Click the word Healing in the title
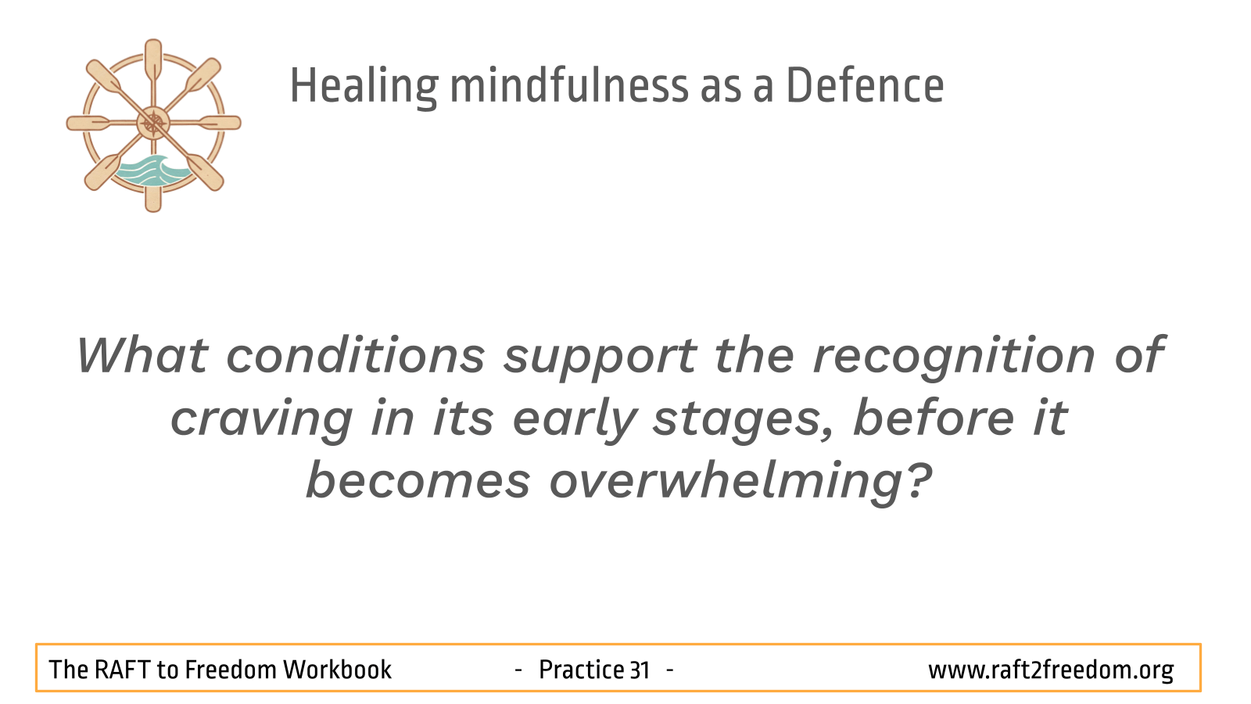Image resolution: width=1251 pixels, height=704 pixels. [364, 86]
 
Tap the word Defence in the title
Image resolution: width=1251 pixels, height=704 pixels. [865, 85]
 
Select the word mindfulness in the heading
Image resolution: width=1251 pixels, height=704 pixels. [568, 85]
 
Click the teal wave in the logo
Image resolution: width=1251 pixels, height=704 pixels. [149, 171]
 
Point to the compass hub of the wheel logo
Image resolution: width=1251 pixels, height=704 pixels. [153, 123]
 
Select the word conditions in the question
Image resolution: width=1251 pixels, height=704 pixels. [356, 356]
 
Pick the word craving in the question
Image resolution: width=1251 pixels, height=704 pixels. [261, 420]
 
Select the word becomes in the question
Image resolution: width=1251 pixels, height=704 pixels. [418, 480]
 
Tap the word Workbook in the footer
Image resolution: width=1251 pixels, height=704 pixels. [337, 670]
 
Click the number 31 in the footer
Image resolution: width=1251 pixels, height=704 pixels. [640, 670]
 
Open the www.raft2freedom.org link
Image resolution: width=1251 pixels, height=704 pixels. [1051, 670]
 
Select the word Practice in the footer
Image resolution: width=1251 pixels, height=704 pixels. [582, 670]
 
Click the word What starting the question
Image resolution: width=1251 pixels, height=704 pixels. [142, 355]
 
